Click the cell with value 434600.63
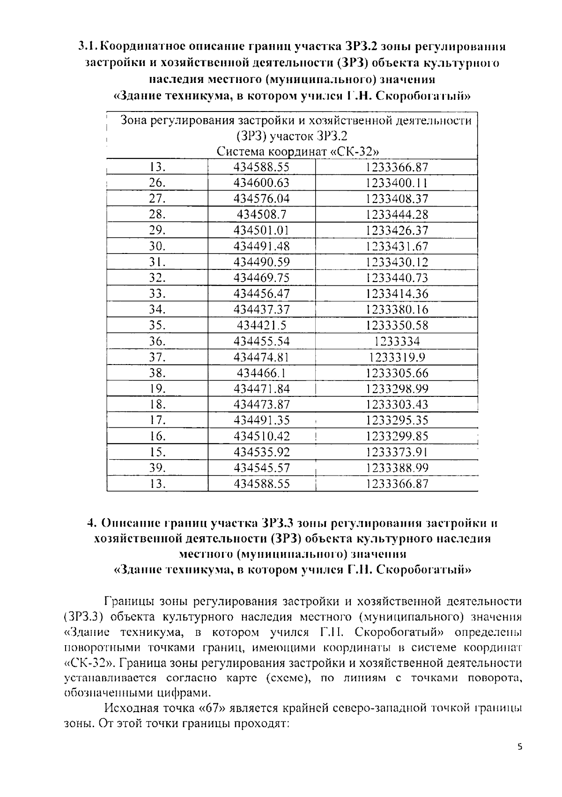[x=261, y=183]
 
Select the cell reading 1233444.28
[x=397, y=215]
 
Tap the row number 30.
[x=157, y=246]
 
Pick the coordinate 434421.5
[x=261, y=325]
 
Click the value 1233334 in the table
[x=397, y=341]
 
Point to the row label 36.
[x=157, y=341]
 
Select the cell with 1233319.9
[x=397, y=358]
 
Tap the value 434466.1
[x=261, y=373]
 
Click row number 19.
[x=157, y=389]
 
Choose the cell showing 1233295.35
[x=397, y=420]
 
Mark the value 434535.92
[x=261, y=452]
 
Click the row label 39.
[x=157, y=468]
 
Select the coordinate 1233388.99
[x=397, y=468]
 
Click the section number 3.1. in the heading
[x=88, y=47]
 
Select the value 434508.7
[x=261, y=215]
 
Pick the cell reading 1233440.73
[x=397, y=278]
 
